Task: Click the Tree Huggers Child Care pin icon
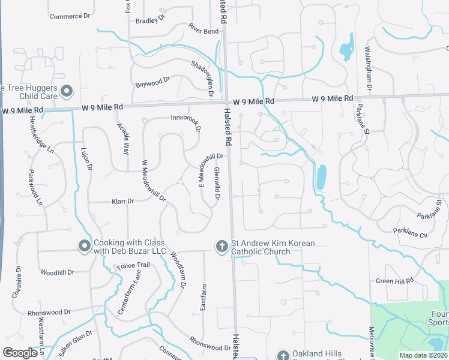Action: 67,91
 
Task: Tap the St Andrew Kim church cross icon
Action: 221,246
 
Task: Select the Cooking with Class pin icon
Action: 85,245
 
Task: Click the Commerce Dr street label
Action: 69,16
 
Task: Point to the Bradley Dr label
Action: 150,20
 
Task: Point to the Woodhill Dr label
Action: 57,272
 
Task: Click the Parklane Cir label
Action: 411,232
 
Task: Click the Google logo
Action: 20,353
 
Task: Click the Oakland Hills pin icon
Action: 283,355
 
